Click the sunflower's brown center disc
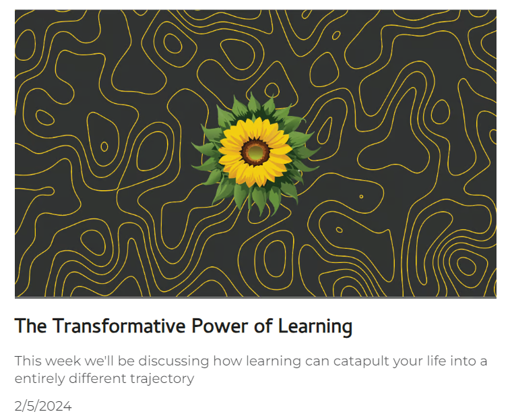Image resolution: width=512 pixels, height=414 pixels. (x=255, y=152)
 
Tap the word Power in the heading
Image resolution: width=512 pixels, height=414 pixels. (x=220, y=326)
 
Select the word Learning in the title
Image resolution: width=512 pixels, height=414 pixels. (x=315, y=326)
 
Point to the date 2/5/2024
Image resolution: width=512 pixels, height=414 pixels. (x=43, y=406)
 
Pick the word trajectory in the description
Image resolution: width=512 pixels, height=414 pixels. (x=162, y=379)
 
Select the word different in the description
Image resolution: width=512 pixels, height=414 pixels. (x=97, y=378)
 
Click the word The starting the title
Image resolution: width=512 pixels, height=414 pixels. (x=31, y=326)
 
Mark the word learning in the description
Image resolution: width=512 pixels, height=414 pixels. (x=274, y=361)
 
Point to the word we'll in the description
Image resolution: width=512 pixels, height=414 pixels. (x=99, y=361)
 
